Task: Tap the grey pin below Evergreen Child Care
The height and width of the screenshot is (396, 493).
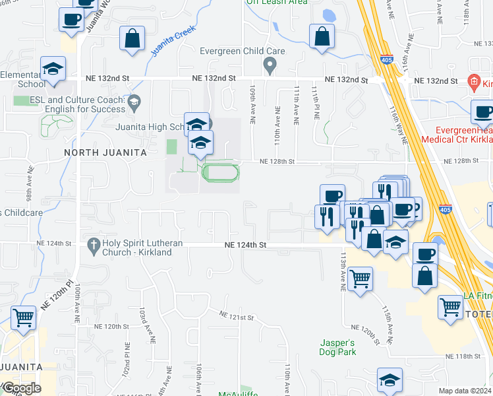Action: click(x=269, y=65)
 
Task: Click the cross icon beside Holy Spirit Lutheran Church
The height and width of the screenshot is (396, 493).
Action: click(x=94, y=244)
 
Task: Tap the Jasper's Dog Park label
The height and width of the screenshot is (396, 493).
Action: click(x=338, y=347)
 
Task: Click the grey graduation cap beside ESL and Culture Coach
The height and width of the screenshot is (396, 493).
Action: click(x=134, y=101)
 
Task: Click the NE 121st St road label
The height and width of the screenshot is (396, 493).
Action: click(x=237, y=317)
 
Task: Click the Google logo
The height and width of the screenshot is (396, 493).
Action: click(x=21, y=388)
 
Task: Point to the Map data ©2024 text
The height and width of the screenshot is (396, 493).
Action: click(x=464, y=391)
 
